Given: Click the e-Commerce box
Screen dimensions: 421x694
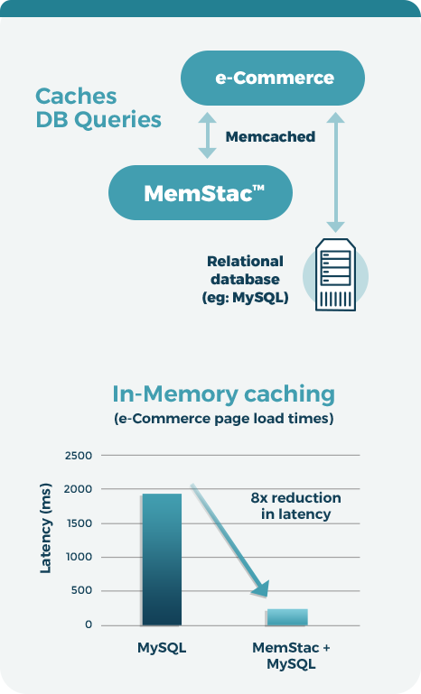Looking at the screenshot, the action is [x=273, y=78].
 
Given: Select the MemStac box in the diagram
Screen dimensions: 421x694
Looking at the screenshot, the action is [x=201, y=193].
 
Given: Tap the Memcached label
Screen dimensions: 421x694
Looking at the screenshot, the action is [x=270, y=137].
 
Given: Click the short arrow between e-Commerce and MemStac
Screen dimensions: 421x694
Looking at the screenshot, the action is [x=207, y=135].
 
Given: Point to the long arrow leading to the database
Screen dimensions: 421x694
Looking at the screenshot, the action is [x=335, y=172].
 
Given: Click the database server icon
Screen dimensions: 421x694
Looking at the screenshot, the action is [x=335, y=275].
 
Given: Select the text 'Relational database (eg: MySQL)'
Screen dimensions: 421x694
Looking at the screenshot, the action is [x=245, y=279].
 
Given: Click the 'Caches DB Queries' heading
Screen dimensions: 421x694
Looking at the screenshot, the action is [x=98, y=108].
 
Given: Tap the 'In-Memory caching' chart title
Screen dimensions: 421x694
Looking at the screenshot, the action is [x=223, y=393].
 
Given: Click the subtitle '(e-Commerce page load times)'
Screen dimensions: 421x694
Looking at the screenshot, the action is [x=224, y=419].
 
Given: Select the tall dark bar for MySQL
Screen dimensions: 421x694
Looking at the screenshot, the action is [x=162, y=560].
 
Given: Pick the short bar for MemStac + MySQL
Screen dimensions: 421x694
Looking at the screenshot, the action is [x=287, y=617].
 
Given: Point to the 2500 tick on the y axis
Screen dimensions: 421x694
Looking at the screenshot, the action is [x=79, y=456].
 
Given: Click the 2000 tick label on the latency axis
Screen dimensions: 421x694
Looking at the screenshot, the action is [x=79, y=489].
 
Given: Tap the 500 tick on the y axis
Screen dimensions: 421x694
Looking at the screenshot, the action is [x=82, y=590].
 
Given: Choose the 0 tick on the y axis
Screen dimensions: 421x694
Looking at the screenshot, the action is [x=89, y=625].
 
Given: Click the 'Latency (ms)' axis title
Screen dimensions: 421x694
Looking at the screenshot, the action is [x=46, y=528].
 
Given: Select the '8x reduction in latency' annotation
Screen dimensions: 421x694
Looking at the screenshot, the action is [x=295, y=506].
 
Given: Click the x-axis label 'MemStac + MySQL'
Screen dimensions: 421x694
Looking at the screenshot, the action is [x=291, y=655].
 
